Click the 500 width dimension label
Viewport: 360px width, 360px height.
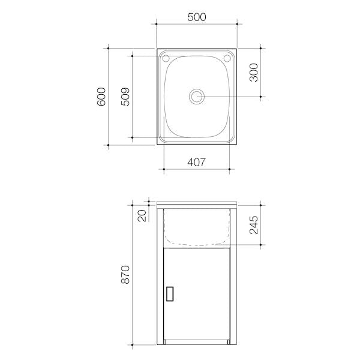[197, 17]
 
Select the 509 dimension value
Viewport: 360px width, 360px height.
[125, 96]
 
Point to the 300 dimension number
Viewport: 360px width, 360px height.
[254, 72]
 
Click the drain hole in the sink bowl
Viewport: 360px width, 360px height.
[197, 96]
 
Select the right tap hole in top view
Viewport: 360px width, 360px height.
[227, 59]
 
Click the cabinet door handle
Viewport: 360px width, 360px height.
[170, 293]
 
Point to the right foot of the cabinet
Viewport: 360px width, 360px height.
[230, 343]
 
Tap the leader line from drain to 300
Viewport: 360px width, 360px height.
[234, 96]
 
